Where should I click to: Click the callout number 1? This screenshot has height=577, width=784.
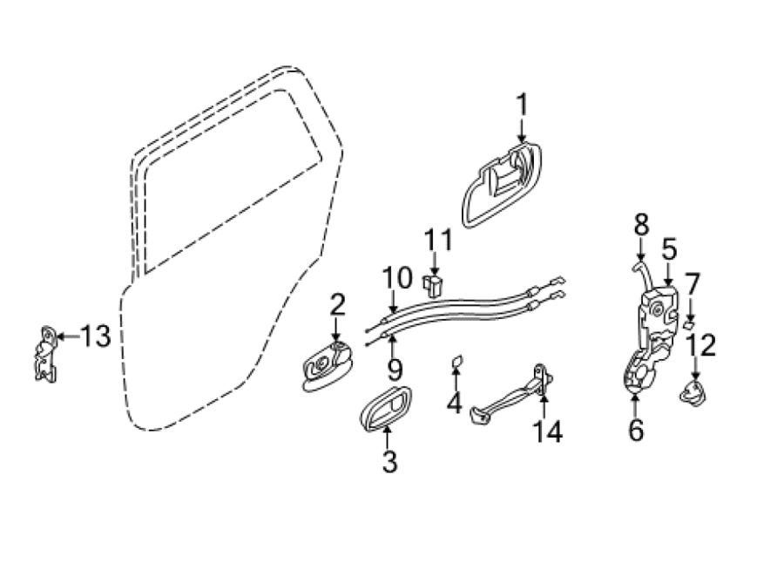522,105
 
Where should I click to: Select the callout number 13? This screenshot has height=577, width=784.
96,336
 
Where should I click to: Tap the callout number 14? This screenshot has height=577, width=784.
549,431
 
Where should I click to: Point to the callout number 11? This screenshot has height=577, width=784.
438,241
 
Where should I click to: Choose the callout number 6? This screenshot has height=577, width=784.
636,430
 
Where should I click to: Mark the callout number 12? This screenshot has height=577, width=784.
701,345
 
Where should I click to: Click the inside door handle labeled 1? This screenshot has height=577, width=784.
501,185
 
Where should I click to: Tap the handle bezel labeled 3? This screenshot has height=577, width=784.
386,409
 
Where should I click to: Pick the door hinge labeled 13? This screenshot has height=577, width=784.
45,354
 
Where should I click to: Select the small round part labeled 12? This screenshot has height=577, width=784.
693,390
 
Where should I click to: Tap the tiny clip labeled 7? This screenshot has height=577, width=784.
688,325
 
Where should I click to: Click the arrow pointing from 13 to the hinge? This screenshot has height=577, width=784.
68,336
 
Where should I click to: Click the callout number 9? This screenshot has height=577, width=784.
394,369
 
